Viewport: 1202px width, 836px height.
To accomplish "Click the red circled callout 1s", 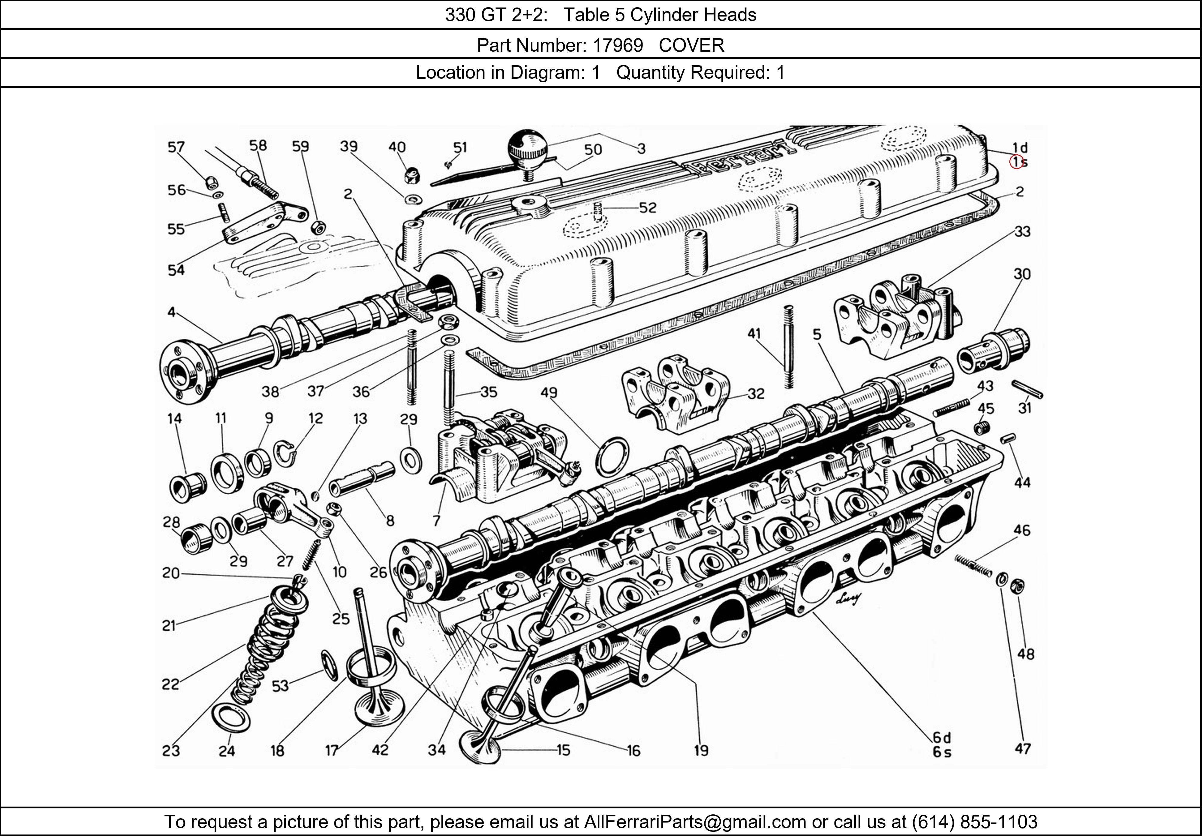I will coord(1017,162).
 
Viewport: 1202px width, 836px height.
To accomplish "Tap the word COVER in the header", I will coord(691,46).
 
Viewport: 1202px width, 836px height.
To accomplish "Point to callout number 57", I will coord(176,147).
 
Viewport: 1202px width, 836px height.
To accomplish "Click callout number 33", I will coord(1022,231).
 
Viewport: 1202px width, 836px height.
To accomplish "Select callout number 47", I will coord(1022,749).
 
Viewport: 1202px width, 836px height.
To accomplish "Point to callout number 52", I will coord(648,208).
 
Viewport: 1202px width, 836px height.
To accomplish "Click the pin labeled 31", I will coord(1027,390).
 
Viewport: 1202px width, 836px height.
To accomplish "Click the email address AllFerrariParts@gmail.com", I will coord(695,822).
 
